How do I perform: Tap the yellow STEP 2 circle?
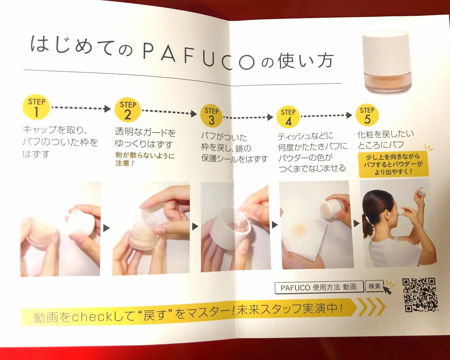pos(127,110)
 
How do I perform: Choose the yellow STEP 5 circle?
pos(367,115)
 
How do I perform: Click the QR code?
pos(420,295)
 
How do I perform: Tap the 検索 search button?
pos(375,286)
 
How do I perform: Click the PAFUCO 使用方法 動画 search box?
pos(319,287)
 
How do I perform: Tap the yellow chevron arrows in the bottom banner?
pos(372,307)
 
